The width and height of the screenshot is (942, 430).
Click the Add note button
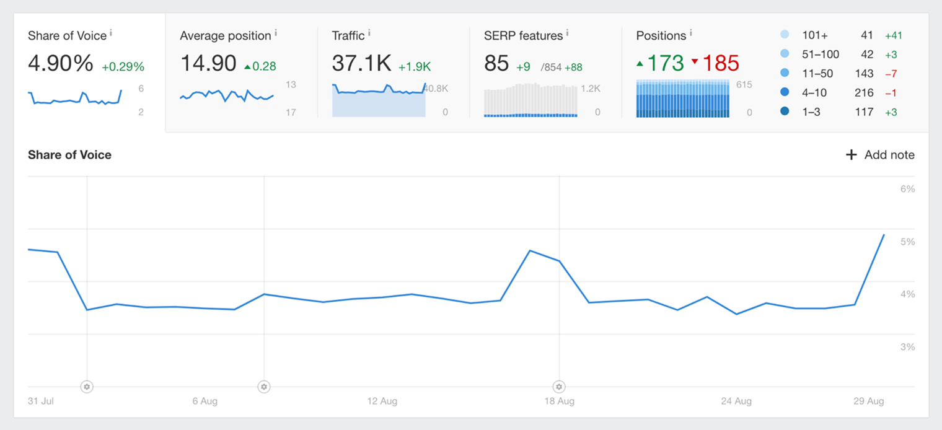click(x=880, y=155)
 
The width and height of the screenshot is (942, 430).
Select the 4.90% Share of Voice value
click(x=60, y=64)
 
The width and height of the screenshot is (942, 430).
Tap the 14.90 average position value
click(x=208, y=64)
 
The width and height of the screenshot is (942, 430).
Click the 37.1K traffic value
click(x=361, y=64)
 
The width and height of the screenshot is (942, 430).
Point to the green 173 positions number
click(x=665, y=64)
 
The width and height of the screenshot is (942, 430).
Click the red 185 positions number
click(x=720, y=64)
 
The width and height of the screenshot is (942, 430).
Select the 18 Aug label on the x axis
click(x=559, y=401)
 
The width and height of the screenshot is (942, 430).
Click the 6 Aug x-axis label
click(x=205, y=401)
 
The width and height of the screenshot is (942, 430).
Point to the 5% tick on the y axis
click(x=907, y=242)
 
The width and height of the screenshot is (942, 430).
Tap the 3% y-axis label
click(x=907, y=347)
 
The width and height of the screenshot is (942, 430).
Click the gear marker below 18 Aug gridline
click(x=559, y=387)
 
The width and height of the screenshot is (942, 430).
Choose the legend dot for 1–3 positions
click(x=785, y=112)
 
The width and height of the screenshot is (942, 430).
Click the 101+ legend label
click(x=814, y=35)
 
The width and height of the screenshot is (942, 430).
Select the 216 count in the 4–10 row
click(x=863, y=93)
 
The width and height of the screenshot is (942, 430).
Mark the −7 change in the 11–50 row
click(x=891, y=74)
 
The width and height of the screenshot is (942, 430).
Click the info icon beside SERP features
click(x=567, y=33)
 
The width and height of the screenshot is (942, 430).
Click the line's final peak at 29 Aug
click(x=884, y=235)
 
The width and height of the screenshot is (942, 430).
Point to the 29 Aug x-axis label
click(x=869, y=401)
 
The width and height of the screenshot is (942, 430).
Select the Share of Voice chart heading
click(x=69, y=155)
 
